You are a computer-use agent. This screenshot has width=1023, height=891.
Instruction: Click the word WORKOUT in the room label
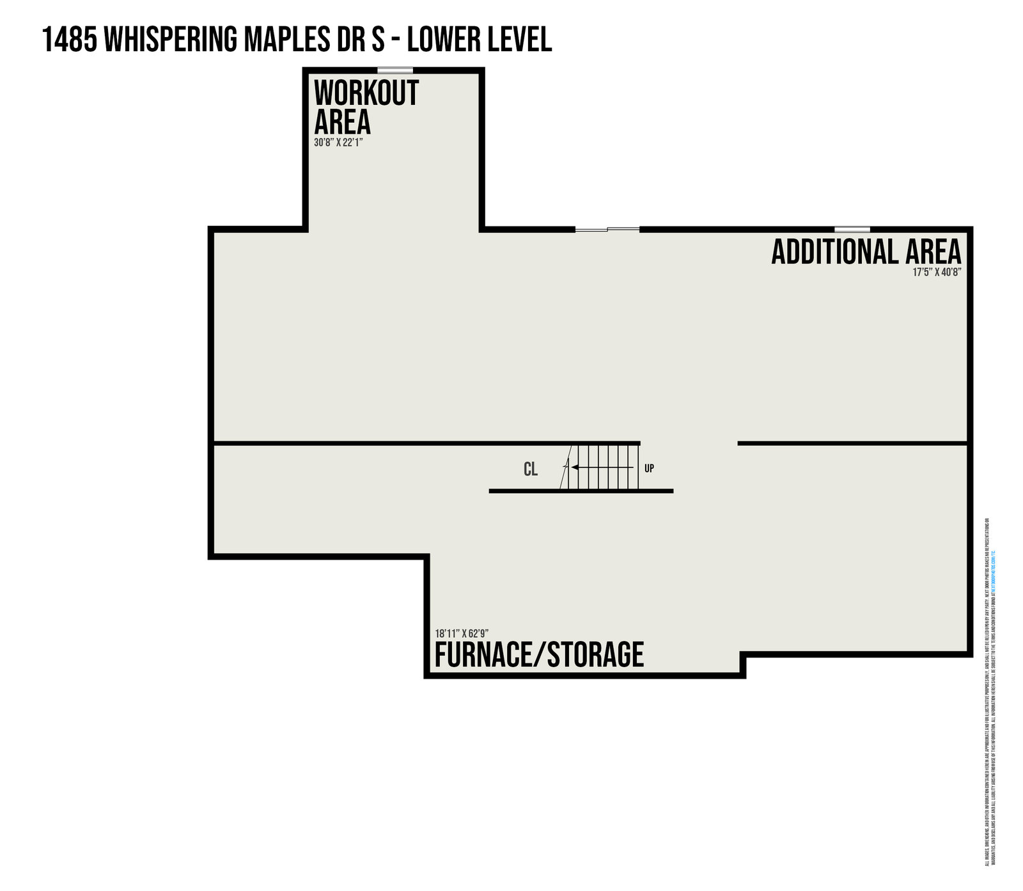(x=366, y=93)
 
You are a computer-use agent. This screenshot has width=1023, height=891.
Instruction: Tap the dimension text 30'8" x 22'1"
(x=338, y=143)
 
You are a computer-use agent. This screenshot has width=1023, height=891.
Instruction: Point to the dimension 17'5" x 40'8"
(x=937, y=272)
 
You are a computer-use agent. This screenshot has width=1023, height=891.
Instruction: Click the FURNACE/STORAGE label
(x=539, y=654)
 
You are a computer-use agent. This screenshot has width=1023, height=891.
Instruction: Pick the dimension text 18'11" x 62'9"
(x=462, y=633)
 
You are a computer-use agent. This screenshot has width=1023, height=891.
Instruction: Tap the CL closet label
(x=531, y=469)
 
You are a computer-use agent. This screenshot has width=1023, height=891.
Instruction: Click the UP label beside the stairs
(x=649, y=468)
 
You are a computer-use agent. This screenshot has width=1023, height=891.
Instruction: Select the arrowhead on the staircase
(x=575, y=468)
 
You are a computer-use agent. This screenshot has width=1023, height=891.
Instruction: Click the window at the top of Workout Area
(x=395, y=70)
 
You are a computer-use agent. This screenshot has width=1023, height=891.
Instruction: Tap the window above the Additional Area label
(x=852, y=229)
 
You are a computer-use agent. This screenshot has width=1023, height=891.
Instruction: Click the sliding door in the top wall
(x=607, y=229)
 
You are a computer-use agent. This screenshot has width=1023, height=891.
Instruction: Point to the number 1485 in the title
(x=68, y=40)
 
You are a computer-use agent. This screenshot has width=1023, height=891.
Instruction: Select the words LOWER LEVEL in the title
(x=480, y=40)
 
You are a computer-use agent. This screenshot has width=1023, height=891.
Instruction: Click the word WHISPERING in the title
(x=169, y=40)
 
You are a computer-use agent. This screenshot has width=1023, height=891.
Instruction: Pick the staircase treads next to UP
(x=607, y=468)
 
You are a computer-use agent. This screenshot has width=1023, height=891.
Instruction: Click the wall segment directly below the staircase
(x=581, y=491)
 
